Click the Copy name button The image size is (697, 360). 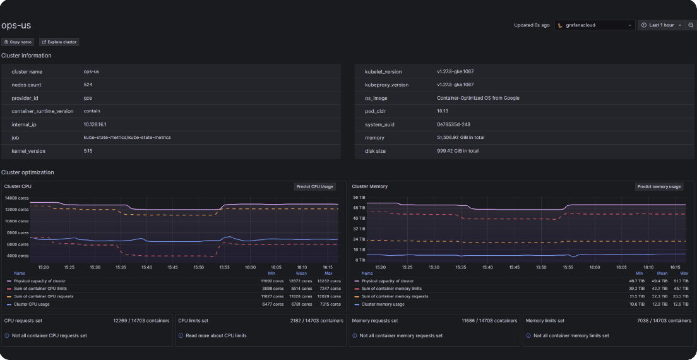click(x=18, y=42)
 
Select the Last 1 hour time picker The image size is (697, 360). click(x=661, y=25)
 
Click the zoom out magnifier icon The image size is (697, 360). click(x=691, y=25)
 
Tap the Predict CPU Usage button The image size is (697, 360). click(x=315, y=187)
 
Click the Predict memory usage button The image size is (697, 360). click(x=659, y=187)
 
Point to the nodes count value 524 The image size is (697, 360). click(x=88, y=85)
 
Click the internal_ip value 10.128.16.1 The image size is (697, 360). click(x=95, y=124)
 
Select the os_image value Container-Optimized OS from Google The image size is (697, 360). click(x=478, y=98)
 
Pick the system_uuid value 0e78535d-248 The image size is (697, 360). click(x=453, y=124)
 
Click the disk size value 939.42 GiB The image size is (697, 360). click(x=458, y=151)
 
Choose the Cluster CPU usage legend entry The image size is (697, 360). click(x=32, y=304)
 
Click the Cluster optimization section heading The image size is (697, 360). click(x=28, y=172)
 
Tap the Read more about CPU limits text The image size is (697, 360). click(x=216, y=336)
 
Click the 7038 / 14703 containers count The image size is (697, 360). click(x=664, y=321)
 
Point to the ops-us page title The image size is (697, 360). click(x=16, y=25)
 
